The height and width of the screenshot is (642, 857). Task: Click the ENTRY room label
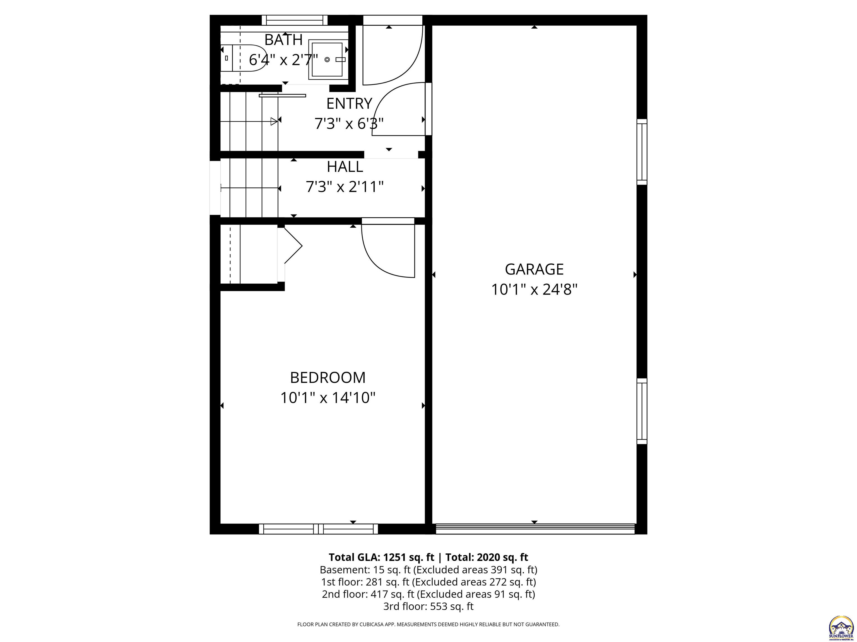[x=349, y=104]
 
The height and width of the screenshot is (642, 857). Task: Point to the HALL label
[x=345, y=167]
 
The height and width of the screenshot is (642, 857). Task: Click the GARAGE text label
[x=534, y=269]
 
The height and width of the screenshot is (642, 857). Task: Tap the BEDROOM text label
[x=328, y=378]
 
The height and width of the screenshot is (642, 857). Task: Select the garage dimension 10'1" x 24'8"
[x=534, y=290]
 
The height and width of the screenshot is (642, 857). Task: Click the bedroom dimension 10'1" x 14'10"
[x=328, y=398]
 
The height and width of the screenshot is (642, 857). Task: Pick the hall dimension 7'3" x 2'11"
[x=345, y=187]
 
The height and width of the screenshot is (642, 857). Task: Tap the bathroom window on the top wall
[x=294, y=20]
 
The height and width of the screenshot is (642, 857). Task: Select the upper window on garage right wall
[x=642, y=152]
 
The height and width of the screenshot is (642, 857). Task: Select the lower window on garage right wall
[x=642, y=411]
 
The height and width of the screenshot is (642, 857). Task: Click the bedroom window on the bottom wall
[x=318, y=529]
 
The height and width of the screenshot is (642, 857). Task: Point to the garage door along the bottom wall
[x=535, y=529]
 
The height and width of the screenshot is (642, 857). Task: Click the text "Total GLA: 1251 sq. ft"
[x=381, y=557]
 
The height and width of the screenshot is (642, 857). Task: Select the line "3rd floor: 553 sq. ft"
[x=428, y=606]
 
